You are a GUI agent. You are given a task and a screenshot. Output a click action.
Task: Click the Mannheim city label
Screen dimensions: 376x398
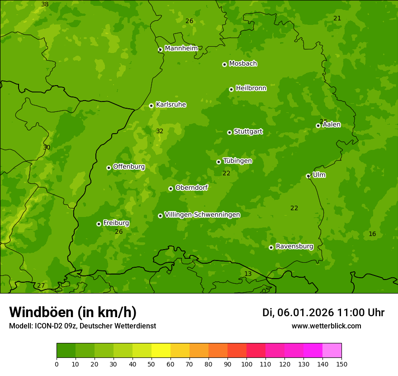[181, 48]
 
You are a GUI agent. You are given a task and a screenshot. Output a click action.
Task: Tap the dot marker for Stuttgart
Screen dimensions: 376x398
[229, 132]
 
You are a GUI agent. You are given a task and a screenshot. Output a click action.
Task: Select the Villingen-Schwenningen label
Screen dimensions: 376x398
[202, 215]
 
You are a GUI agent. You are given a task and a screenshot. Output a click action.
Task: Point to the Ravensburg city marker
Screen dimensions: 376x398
[271, 247]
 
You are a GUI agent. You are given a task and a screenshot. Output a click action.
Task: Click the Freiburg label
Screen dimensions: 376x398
[116, 223]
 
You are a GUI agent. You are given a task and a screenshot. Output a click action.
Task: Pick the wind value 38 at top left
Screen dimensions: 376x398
[45, 5]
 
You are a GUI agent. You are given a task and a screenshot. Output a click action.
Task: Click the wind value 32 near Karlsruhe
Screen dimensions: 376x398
[160, 131]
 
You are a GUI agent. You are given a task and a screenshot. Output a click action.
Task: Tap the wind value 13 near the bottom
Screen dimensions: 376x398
[248, 274]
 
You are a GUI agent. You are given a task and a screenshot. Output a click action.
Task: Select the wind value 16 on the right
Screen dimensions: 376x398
[372, 234]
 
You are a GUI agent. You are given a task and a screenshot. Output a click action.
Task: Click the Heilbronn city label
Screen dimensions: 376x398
[251, 88]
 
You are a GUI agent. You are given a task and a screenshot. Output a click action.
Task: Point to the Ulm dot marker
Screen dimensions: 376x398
[308, 176]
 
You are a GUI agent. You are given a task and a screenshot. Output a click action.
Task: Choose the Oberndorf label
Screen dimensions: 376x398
[191, 188]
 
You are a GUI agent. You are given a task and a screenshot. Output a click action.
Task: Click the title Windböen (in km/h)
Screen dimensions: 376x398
[73, 312]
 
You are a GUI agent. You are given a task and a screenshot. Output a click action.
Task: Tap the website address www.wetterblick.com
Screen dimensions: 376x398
[326, 326]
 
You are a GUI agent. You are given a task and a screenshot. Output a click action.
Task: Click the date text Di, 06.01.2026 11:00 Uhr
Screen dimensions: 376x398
[323, 313]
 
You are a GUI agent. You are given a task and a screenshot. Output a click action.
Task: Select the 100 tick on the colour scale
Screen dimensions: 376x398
[246, 364]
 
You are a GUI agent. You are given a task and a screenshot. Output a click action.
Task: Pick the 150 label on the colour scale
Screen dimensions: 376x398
[341, 364]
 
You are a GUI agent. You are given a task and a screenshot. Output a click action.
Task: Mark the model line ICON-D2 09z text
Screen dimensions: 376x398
[82, 326]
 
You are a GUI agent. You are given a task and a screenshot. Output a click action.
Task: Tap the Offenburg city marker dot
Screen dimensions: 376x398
[109, 168]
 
